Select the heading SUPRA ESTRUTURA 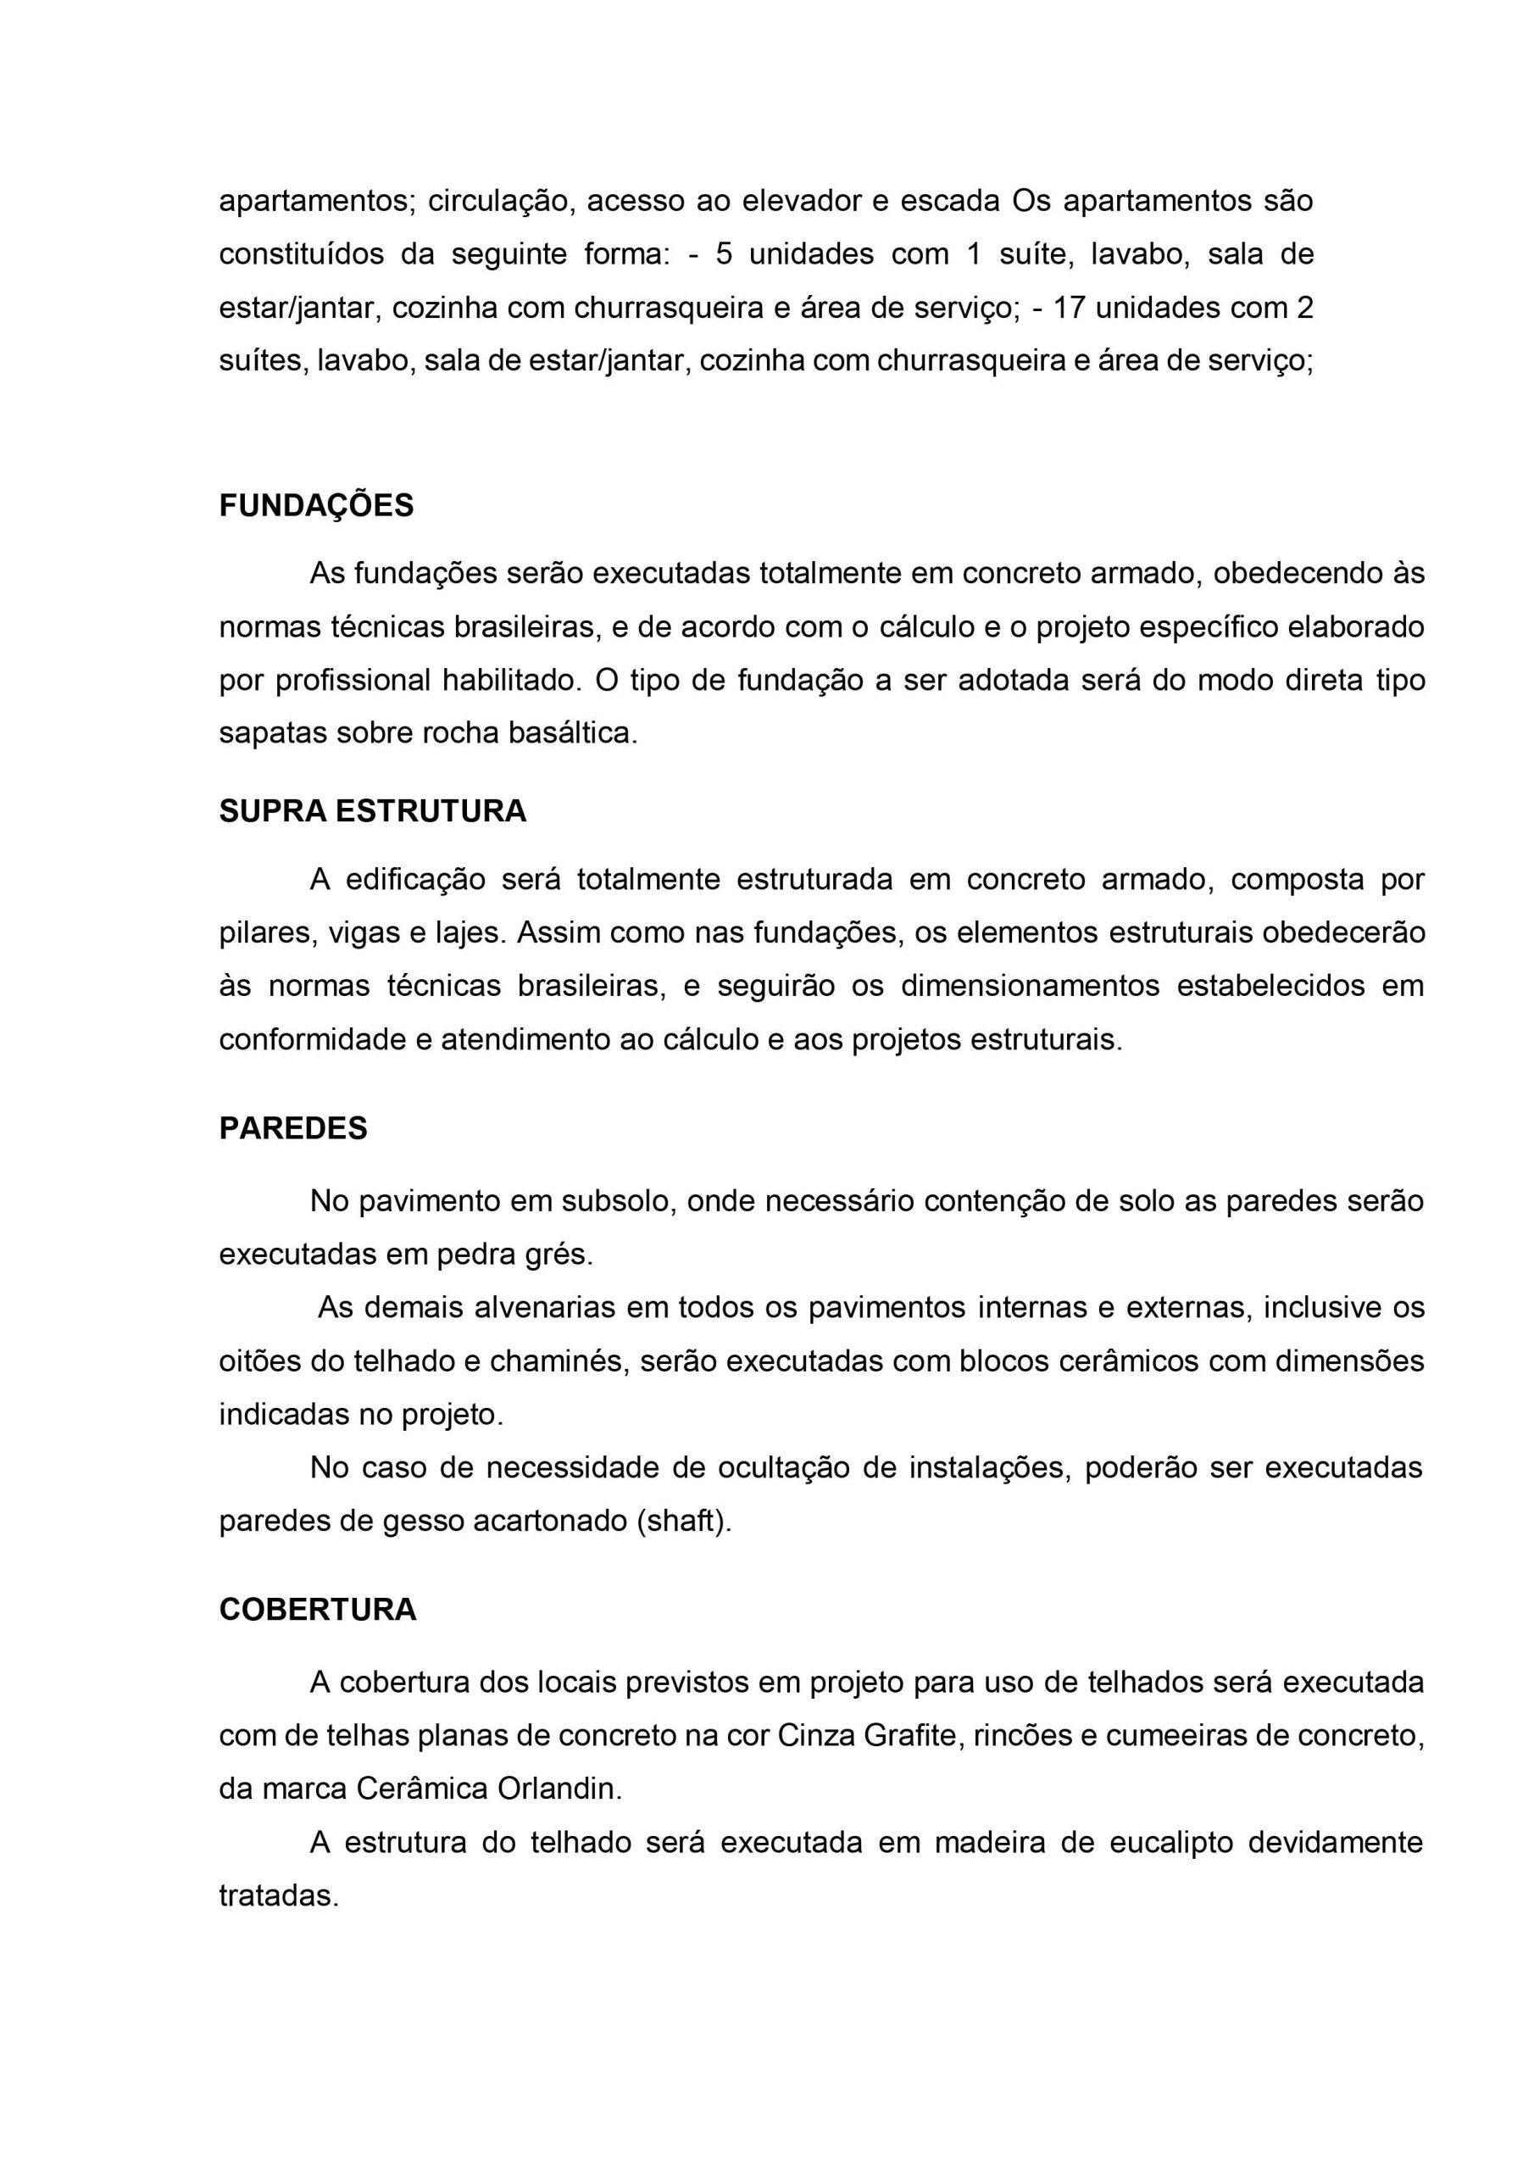click(372, 811)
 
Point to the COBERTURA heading click(318, 1609)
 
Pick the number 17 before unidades click(1068, 308)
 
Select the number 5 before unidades click(723, 254)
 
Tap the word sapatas click(272, 733)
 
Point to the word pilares click(265, 932)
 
